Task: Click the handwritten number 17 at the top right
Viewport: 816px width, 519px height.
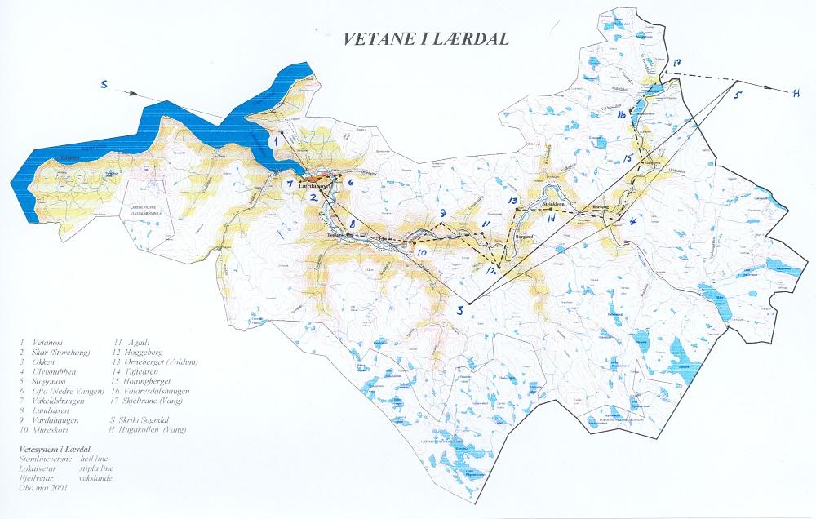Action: coord(676,64)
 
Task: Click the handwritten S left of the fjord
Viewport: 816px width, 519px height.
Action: coord(104,84)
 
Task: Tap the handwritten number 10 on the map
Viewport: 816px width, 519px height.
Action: coord(421,253)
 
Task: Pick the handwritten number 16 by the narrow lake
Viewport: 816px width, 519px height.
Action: coord(622,117)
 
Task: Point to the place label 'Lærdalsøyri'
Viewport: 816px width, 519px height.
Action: coord(317,186)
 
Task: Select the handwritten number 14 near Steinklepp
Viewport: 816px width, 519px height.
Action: coord(551,218)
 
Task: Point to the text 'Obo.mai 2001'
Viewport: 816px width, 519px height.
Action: coord(42,487)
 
